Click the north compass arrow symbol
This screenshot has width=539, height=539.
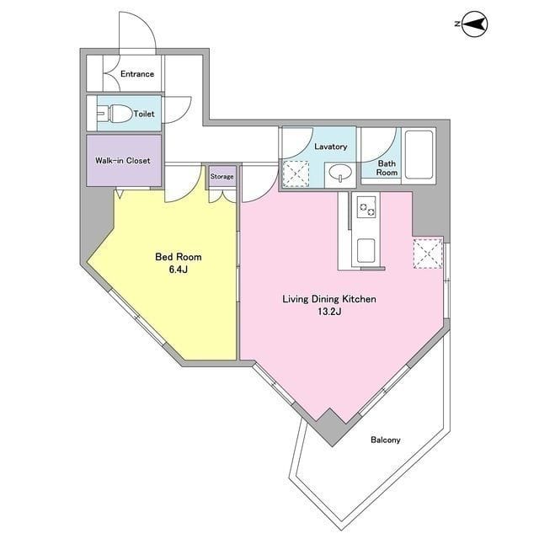tap(475, 24)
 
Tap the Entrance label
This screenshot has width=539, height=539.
tap(137, 74)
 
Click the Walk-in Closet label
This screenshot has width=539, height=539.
tap(123, 161)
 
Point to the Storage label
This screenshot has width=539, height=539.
tap(222, 176)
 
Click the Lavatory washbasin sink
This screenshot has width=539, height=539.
tap(340, 173)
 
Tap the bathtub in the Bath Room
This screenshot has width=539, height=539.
tap(419, 155)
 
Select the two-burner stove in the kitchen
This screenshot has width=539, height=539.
tap(367, 207)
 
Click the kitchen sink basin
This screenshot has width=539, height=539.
tap(366, 251)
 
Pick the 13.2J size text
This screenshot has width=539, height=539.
tap(329, 312)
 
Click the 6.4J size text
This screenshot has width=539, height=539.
tap(178, 269)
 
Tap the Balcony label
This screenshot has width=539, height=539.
tap(386, 440)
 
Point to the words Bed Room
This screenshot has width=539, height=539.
tap(179, 257)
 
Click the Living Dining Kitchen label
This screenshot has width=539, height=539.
tap(329, 299)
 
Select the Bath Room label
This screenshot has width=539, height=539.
tap(387, 168)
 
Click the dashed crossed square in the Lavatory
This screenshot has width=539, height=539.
tap(296, 173)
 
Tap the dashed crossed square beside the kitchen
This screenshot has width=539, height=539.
tap(428, 253)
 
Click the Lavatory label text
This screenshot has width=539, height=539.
tap(331, 147)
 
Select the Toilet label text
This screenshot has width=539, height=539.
tap(144, 114)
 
